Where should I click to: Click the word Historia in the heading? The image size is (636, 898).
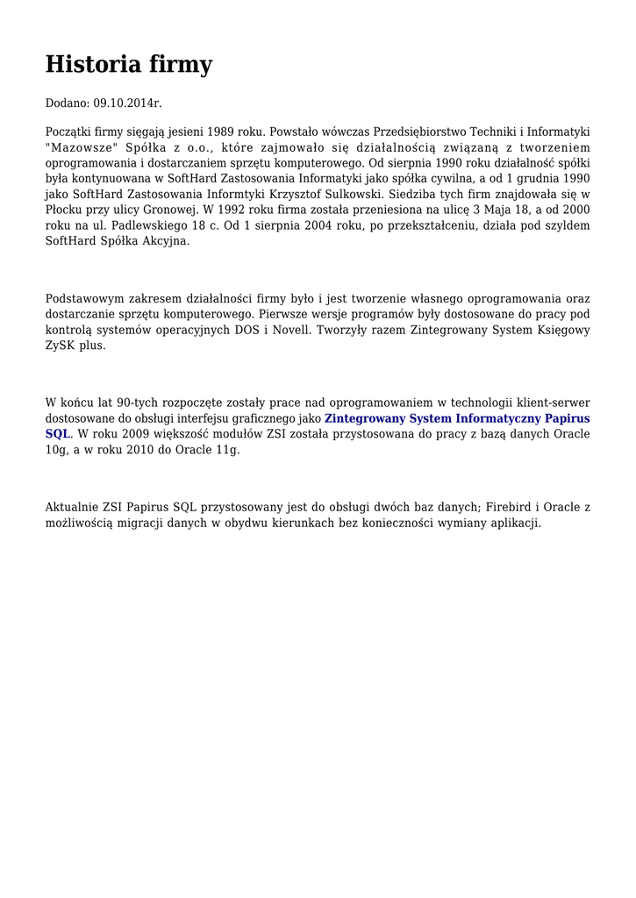[89, 65]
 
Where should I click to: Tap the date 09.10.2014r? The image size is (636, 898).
[127, 103]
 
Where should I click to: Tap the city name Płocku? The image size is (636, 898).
[66, 210]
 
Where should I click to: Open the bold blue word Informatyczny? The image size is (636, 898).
[497, 418]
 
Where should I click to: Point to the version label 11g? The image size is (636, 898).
[228, 450]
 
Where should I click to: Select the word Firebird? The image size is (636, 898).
[511, 507]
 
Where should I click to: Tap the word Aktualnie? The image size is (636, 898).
[72, 507]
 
